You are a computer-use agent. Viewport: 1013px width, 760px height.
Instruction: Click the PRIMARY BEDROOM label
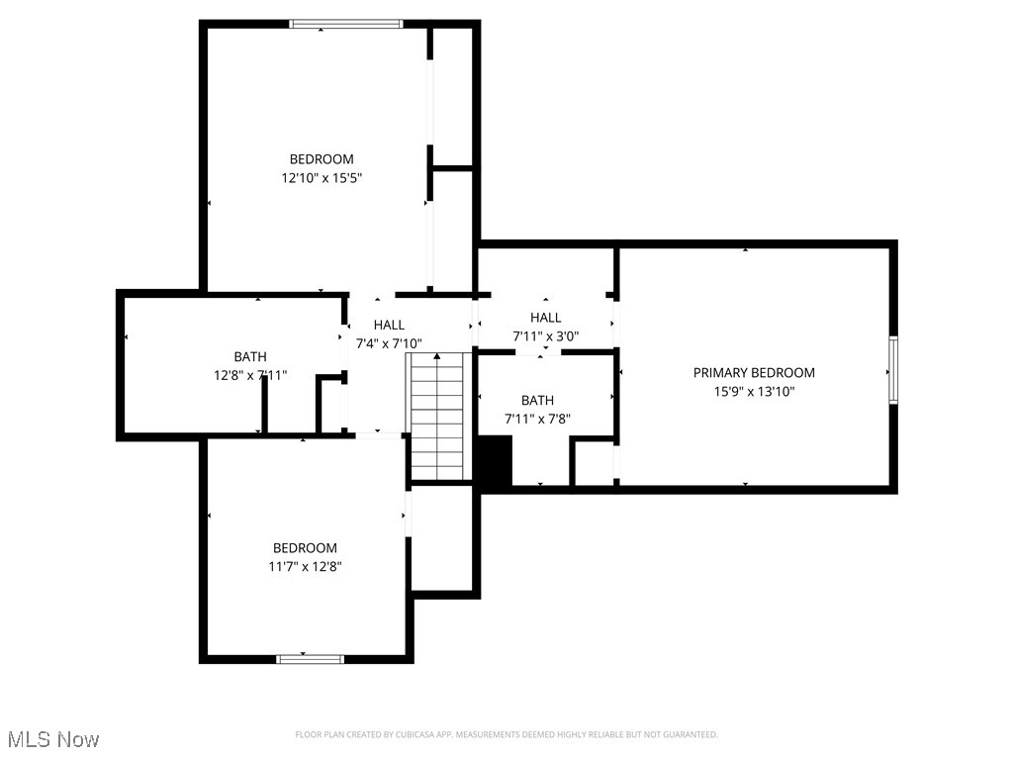[754, 373]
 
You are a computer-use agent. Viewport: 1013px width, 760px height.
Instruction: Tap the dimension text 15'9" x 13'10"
[754, 391]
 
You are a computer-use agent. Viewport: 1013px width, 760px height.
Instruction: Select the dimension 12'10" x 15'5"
[321, 178]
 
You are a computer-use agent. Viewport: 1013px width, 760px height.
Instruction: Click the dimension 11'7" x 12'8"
[305, 567]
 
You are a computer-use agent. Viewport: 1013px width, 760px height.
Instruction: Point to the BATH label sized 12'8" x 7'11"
[249, 357]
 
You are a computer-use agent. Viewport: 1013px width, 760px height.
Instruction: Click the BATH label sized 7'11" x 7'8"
[537, 401]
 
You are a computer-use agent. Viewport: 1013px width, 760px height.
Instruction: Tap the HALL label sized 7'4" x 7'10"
[389, 325]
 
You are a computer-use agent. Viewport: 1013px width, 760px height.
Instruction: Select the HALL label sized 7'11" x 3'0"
[545, 318]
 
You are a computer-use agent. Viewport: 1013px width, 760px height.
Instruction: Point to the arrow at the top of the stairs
[437, 355]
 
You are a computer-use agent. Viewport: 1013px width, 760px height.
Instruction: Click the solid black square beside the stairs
[495, 461]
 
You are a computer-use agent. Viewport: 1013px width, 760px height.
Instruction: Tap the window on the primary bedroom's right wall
[892, 370]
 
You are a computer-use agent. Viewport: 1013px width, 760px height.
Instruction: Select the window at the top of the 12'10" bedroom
[346, 24]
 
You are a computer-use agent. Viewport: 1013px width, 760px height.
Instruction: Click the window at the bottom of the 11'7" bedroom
[311, 658]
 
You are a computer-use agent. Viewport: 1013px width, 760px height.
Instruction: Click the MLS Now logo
[53, 739]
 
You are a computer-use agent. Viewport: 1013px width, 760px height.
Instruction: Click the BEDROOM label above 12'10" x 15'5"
[321, 159]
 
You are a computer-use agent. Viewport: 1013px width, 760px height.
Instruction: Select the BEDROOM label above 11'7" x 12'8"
[305, 548]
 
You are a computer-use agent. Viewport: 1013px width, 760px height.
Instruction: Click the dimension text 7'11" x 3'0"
[545, 336]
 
